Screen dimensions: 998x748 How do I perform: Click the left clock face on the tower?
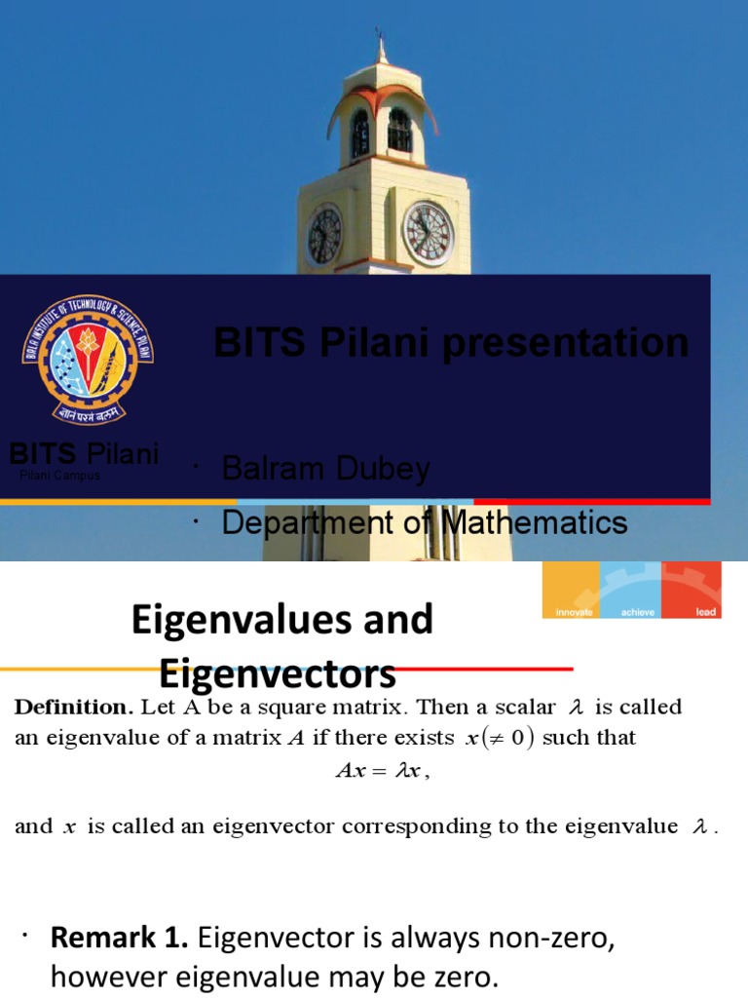324,236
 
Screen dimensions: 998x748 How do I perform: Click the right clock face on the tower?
429,234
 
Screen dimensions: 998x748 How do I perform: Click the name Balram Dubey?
325,469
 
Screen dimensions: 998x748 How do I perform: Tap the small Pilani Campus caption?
59,476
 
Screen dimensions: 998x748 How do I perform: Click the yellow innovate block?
571,591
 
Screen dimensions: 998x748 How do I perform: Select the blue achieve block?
630,591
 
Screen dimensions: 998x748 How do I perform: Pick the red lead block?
692,591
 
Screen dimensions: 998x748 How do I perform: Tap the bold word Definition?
72,708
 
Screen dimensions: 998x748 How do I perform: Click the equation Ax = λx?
382,770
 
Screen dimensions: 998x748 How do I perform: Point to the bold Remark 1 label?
121,939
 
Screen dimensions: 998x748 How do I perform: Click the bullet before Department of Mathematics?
196,524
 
